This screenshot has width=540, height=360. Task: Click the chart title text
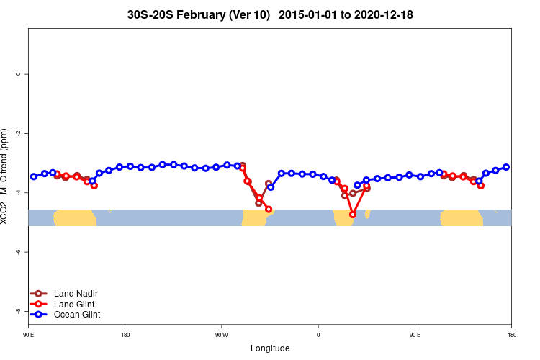point(270,14)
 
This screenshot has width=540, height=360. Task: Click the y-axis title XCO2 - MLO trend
point(6,177)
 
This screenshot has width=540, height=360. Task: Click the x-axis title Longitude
point(270,348)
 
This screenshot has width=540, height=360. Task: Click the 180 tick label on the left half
point(125,335)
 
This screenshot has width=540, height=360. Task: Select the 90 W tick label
point(221,335)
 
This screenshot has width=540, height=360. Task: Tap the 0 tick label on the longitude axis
point(318,335)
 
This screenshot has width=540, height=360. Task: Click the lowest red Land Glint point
point(353,215)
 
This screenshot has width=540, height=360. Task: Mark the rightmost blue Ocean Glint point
point(506,167)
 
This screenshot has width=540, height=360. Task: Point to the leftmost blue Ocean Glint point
point(34,176)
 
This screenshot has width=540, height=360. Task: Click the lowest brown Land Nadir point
point(259,203)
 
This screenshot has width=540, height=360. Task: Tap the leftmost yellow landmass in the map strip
point(75,217)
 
